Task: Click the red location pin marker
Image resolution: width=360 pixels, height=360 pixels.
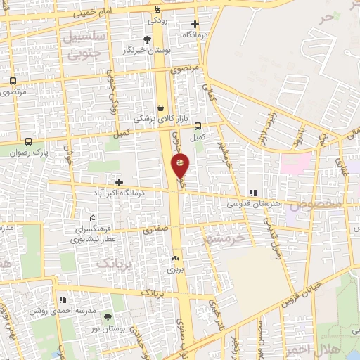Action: pyautogui.click(x=180, y=166)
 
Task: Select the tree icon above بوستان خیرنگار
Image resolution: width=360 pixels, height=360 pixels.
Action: pyautogui.click(x=147, y=39)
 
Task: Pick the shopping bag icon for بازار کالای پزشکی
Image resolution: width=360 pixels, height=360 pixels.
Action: pyautogui.click(x=162, y=108)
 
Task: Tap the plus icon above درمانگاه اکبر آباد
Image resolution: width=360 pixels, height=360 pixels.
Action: pyautogui.click(x=120, y=181)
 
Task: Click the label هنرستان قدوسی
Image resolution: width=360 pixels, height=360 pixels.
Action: pyautogui.click(x=252, y=203)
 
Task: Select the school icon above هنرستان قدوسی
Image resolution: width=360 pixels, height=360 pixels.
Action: pyautogui.click(x=253, y=193)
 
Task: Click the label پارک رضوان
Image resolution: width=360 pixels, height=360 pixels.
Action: pyautogui.click(x=32, y=151)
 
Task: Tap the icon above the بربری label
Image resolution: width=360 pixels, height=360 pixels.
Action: pyautogui.click(x=174, y=258)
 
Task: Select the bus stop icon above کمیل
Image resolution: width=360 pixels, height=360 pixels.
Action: pyautogui.click(x=198, y=126)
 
